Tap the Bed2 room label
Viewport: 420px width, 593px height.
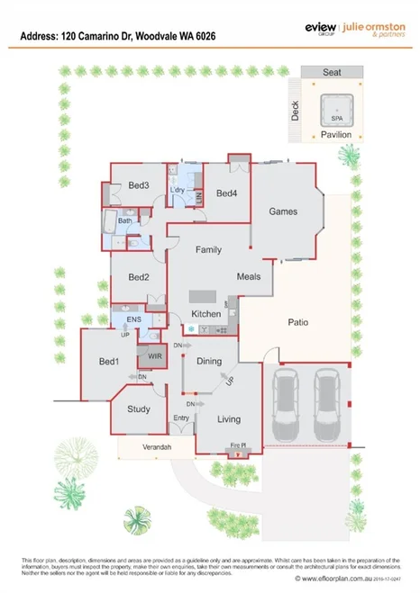tap(138, 277)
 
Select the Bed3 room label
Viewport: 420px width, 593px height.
tap(138, 185)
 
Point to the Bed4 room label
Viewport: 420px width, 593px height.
tap(226, 193)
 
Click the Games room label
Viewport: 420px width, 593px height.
tap(283, 211)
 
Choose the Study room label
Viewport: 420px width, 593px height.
tap(138, 409)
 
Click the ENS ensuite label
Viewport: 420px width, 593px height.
tap(133, 319)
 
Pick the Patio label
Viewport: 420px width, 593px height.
tap(298, 321)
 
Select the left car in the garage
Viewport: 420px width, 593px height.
tap(288, 400)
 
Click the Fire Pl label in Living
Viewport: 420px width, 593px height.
tap(239, 445)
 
